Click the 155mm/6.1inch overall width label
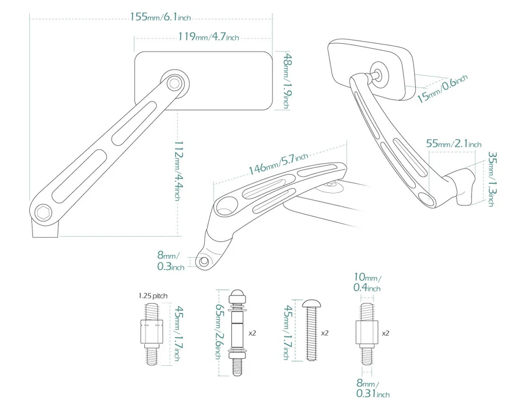click(x=161, y=17)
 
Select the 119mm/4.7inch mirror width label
click(x=208, y=37)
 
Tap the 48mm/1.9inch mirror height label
click(x=288, y=81)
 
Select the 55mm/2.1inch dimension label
click(x=454, y=144)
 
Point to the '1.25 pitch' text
click(x=153, y=296)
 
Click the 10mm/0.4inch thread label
click(x=367, y=283)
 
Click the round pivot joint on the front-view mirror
click(x=174, y=83)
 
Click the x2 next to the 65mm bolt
click(x=252, y=333)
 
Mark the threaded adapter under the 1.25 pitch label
click(x=151, y=333)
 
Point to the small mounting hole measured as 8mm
click(x=204, y=262)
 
